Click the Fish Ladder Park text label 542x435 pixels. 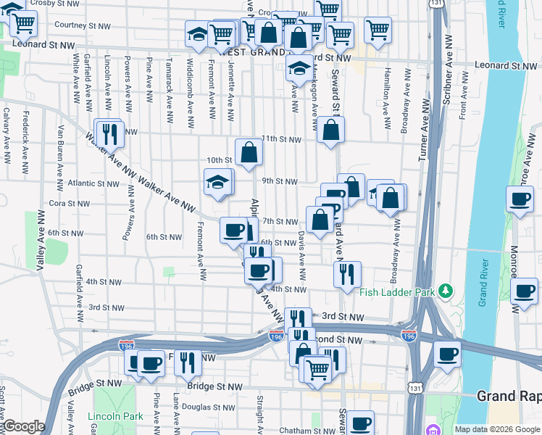pos(397,292)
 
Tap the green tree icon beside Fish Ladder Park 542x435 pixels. pos(447,291)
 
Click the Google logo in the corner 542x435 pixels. pos(24,426)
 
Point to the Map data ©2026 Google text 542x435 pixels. pos(496,429)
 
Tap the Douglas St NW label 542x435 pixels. pos(187,408)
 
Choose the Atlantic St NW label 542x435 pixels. pos(93,184)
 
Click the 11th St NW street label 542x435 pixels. pos(281,138)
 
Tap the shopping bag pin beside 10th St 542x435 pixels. pos(249,153)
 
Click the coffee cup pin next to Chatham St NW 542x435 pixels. pos(360,423)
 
